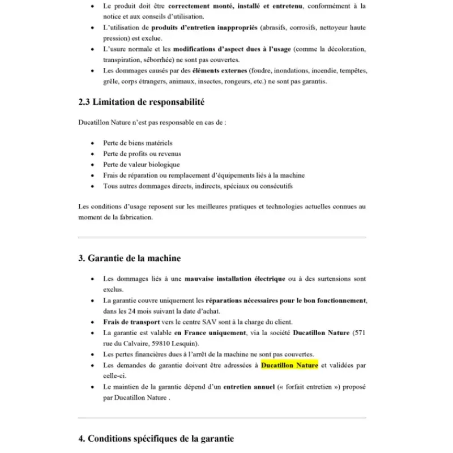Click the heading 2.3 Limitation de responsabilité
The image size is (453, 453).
[x=141, y=102]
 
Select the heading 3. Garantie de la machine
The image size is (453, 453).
[x=130, y=258]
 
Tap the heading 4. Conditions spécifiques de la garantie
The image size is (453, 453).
[x=156, y=439]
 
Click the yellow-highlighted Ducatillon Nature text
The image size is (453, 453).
[x=289, y=365]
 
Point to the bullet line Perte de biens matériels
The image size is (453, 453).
[x=138, y=143]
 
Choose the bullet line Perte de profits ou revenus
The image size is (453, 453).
[x=142, y=154]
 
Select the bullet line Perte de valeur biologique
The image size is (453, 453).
[x=142, y=165]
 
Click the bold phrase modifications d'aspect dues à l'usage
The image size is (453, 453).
[x=232, y=49]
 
